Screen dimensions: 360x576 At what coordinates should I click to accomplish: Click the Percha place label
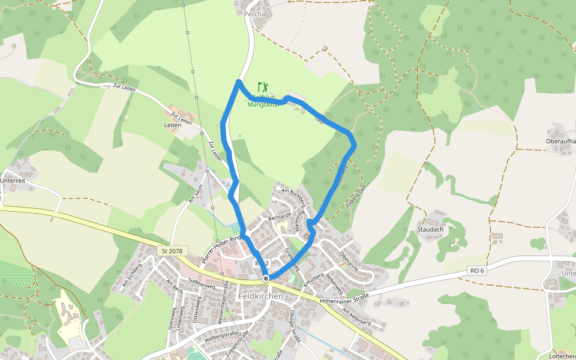[x=254, y=13]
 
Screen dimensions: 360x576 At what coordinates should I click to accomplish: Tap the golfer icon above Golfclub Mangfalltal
[x=262, y=88]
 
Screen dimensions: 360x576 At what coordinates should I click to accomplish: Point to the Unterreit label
[x=13, y=179]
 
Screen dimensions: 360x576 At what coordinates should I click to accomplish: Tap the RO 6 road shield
[x=477, y=271]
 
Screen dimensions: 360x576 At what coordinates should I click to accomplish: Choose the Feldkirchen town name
[x=260, y=296]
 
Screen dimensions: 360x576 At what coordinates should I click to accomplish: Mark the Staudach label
[x=430, y=229]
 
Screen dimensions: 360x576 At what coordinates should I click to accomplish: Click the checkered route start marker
[x=266, y=278]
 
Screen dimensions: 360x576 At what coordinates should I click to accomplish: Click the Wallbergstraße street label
[x=223, y=335]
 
